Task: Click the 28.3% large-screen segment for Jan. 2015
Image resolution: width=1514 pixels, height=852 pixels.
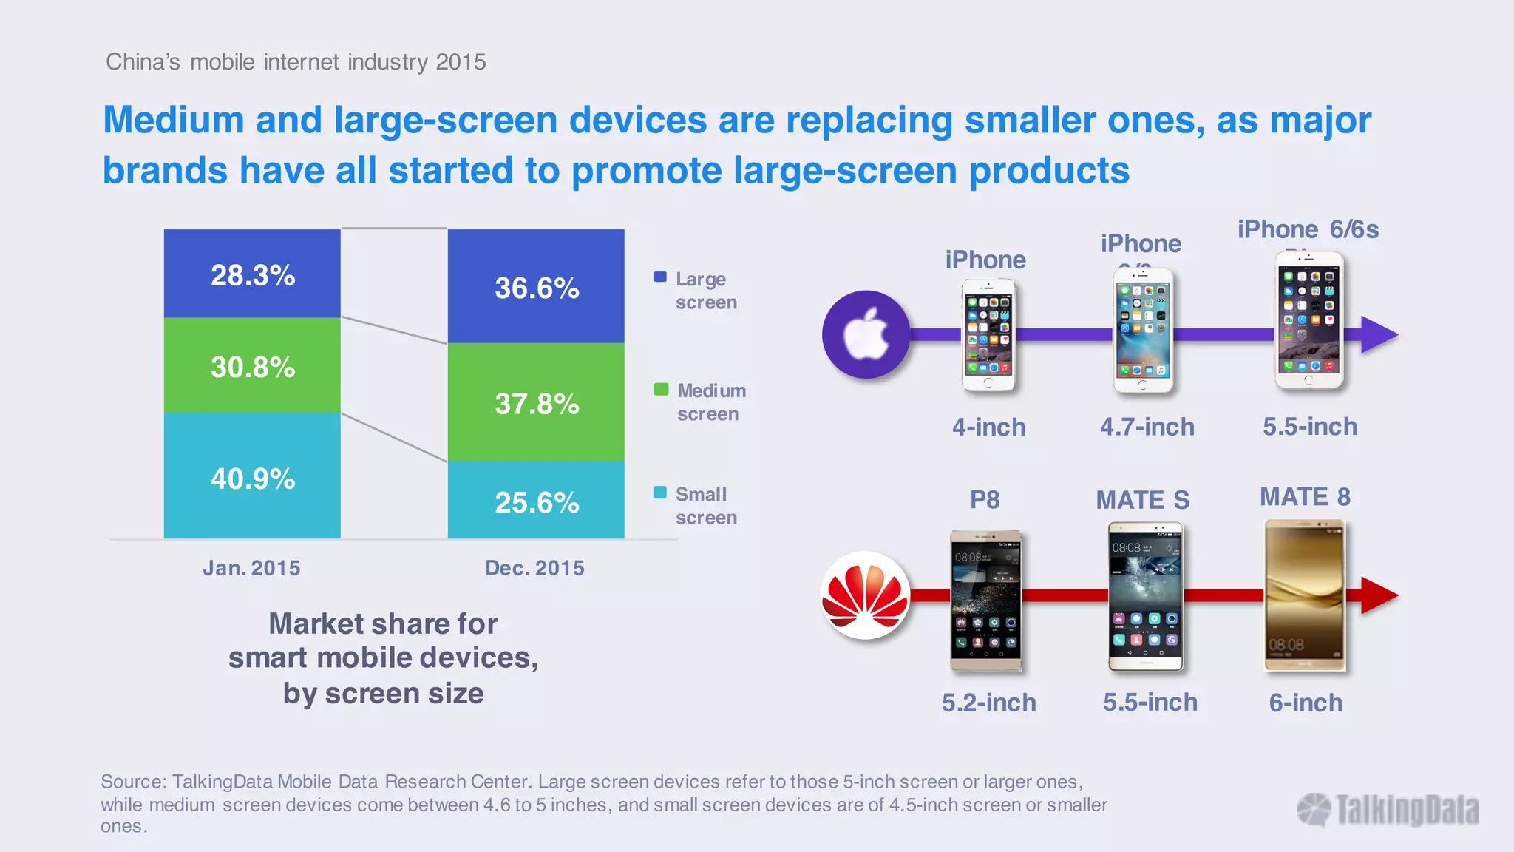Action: point(252,274)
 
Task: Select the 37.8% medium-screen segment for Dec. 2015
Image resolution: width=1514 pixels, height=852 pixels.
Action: point(536,403)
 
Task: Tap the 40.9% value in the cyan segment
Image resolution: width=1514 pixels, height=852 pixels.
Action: point(253,479)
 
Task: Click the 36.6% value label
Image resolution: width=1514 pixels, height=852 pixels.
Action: point(537,288)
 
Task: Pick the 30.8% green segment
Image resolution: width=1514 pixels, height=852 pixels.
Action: point(252,366)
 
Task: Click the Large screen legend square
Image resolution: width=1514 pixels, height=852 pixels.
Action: point(660,277)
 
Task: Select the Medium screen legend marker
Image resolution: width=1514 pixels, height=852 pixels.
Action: point(661,389)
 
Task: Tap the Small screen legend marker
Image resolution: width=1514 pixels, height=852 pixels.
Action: point(660,493)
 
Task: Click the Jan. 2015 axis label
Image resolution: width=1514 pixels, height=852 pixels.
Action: point(251,568)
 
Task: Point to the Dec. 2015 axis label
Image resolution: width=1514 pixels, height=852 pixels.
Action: point(534,568)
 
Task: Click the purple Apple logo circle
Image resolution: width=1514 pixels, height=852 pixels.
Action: point(866,334)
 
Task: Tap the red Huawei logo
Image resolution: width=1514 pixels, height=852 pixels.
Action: point(866,595)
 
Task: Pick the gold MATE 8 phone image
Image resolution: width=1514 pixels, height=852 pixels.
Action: point(1305,595)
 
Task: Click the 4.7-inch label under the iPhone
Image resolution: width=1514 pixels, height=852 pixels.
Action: point(1147,427)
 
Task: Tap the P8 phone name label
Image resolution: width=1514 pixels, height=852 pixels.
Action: point(985,499)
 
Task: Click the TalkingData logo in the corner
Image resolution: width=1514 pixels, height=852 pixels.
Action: point(1388,810)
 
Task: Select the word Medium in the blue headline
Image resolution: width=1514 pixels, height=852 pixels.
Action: point(174,120)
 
